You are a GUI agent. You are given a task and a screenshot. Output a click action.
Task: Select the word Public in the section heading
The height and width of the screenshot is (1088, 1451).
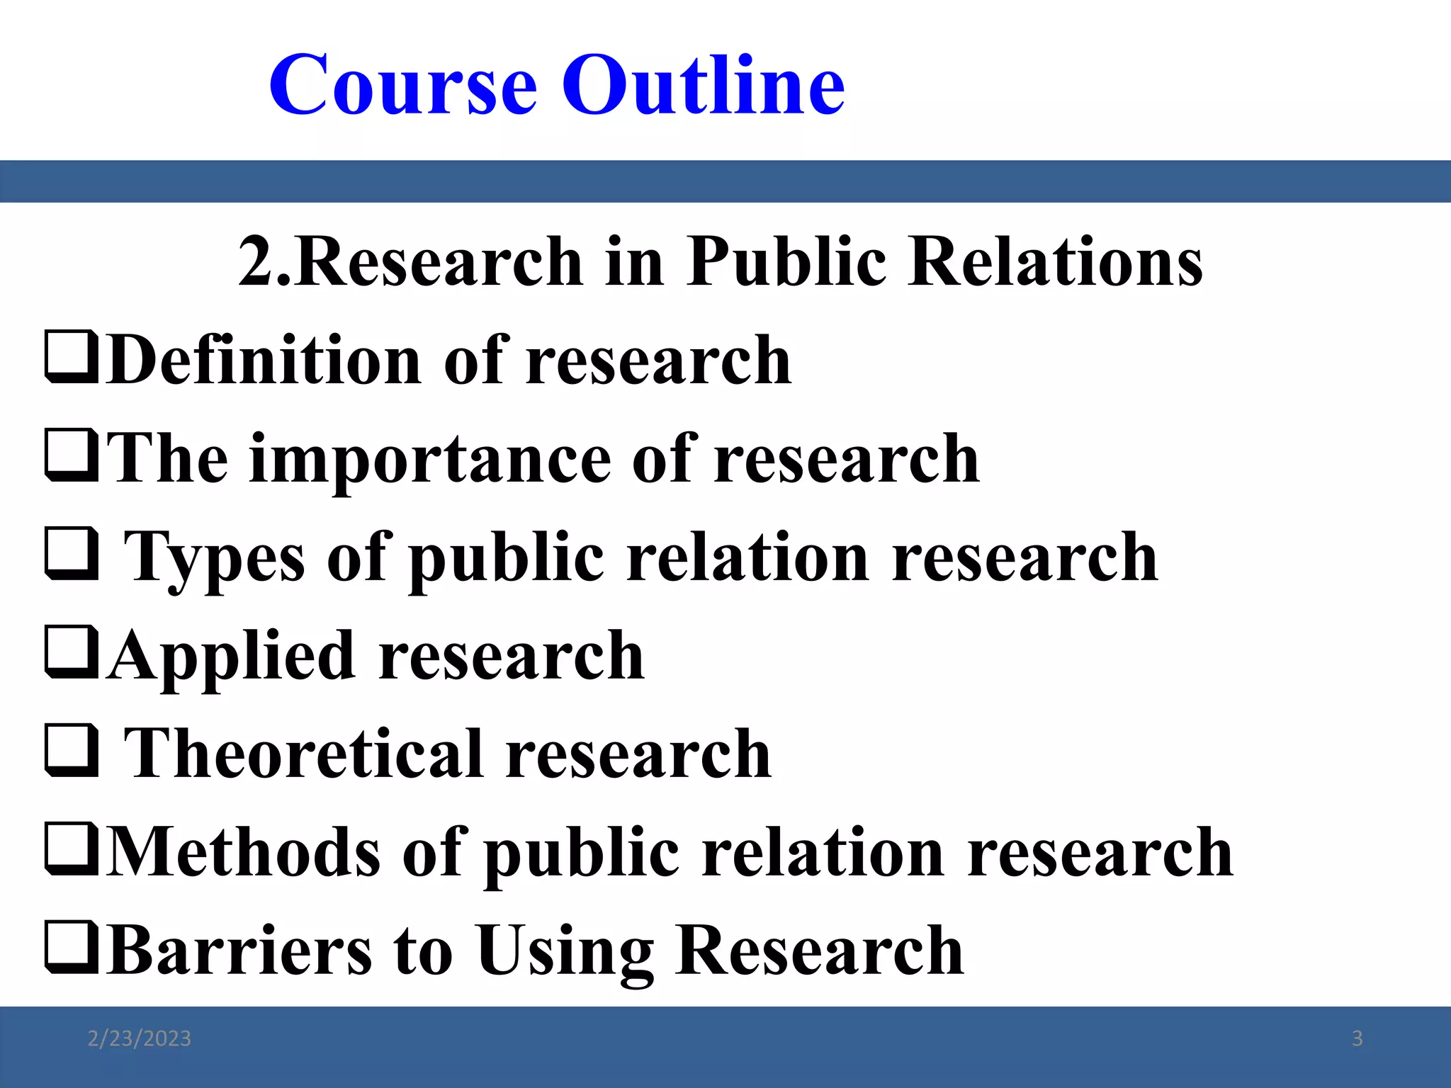pos(786,262)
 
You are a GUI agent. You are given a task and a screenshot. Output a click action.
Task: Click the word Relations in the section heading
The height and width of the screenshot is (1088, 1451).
pos(1055,262)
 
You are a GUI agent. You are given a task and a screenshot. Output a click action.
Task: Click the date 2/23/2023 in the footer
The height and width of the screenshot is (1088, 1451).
pos(139,1039)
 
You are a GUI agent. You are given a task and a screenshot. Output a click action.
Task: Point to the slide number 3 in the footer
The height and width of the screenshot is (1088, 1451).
pos(1357,1039)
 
